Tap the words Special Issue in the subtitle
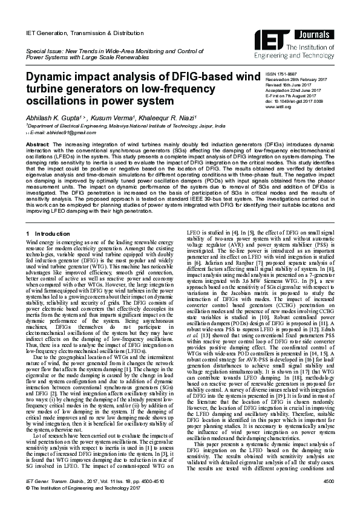point(43,54)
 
